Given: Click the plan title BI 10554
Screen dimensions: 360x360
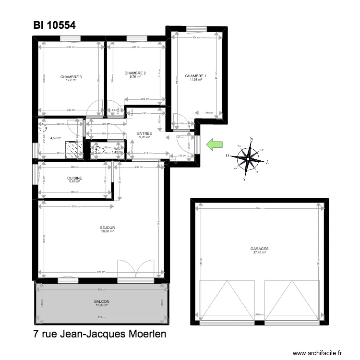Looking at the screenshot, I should pyautogui.click(x=55, y=25).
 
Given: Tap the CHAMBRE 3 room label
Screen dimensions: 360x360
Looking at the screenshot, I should pyautogui.click(x=71, y=77).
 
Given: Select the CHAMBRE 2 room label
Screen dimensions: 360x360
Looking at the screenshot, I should pyautogui.click(x=135, y=73).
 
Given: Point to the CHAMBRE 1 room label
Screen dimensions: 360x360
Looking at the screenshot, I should pyautogui.click(x=196, y=76).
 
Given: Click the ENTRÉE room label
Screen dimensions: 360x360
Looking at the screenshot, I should pyautogui.click(x=144, y=133).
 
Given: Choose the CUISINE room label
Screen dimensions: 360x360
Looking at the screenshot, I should pyautogui.click(x=74, y=178).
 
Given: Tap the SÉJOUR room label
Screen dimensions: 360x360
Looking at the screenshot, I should pyautogui.click(x=108, y=228).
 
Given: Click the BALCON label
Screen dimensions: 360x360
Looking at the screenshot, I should pyautogui.click(x=102, y=302).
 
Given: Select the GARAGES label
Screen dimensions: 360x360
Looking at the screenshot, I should pyautogui.click(x=259, y=249).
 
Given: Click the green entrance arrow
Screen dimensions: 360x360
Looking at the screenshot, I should pyautogui.click(x=214, y=144).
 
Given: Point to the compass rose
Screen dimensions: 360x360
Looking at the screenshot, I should pyautogui.click(x=249, y=157).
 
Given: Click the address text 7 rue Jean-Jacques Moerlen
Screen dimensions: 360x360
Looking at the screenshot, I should pyautogui.click(x=100, y=334).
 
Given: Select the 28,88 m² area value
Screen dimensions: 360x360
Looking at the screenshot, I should pyautogui.click(x=108, y=231).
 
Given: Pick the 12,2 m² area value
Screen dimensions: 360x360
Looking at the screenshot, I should pyautogui.click(x=71, y=80).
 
